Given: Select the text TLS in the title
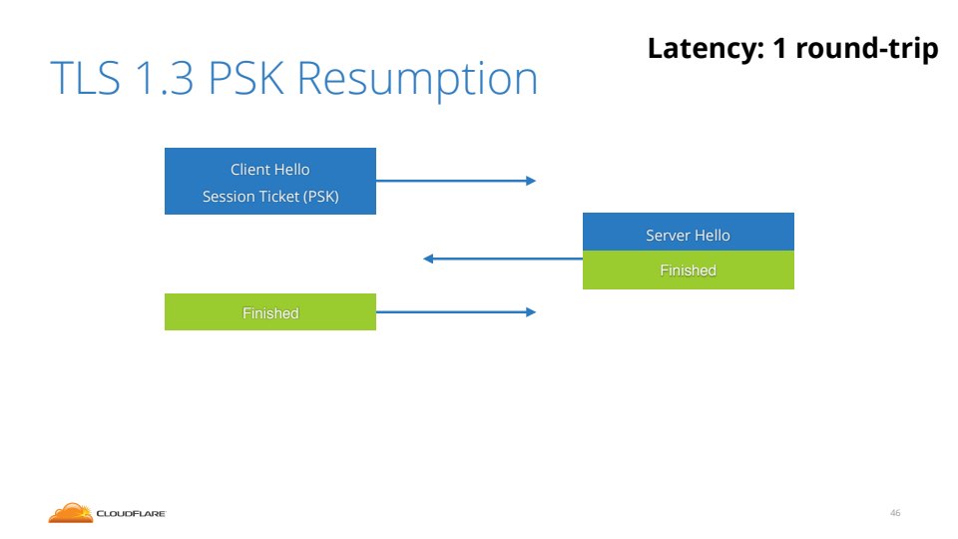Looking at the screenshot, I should click(82, 80).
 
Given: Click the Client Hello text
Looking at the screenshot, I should click(269, 170).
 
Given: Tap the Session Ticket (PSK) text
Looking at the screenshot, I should click(270, 197).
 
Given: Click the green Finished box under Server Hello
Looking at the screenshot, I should click(688, 270).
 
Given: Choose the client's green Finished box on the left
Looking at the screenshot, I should click(269, 312).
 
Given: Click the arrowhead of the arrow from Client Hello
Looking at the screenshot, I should click(531, 181).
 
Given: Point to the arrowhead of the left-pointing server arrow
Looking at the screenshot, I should click(428, 259).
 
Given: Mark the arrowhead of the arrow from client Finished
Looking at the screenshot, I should click(531, 312).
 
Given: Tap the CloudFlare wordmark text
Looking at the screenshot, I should click(131, 514).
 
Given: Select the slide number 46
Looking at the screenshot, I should click(895, 513).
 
